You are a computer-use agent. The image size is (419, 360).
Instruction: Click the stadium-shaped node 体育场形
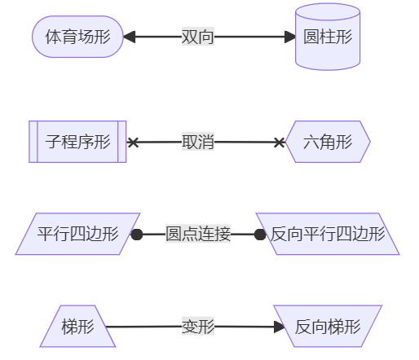coord(77,37)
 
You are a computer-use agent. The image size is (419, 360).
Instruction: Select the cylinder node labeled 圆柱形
coord(328,37)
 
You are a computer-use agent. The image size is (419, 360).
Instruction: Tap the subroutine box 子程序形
coord(77,142)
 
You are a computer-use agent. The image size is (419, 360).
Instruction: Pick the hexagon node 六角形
coord(328,143)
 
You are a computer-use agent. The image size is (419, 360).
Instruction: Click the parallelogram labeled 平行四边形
coord(77,235)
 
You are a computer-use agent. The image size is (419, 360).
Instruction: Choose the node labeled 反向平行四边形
coord(328,235)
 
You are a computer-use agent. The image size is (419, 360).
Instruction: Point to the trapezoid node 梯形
coord(77,327)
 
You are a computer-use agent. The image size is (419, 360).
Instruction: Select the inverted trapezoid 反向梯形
coord(328,327)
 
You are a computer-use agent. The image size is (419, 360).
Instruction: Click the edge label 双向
coord(198,37)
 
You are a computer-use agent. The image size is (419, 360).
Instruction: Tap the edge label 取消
coord(198,142)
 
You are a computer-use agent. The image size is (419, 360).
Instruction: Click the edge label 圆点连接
coord(198,235)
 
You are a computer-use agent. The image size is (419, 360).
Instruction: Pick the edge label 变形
coord(198,327)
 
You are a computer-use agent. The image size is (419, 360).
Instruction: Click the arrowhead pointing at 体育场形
coord(129,37)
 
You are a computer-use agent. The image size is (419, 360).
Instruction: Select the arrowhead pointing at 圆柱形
coord(289,37)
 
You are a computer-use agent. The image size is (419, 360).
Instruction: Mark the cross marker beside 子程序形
coord(134,143)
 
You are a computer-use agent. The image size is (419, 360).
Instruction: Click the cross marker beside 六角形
coord(280,143)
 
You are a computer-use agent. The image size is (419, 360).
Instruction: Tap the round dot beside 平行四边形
coord(137,235)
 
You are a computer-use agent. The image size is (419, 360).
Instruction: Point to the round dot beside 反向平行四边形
coord(260,235)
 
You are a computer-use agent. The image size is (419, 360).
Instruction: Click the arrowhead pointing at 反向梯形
coord(280,327)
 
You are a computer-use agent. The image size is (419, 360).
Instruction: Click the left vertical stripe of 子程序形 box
coord(33,142)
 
